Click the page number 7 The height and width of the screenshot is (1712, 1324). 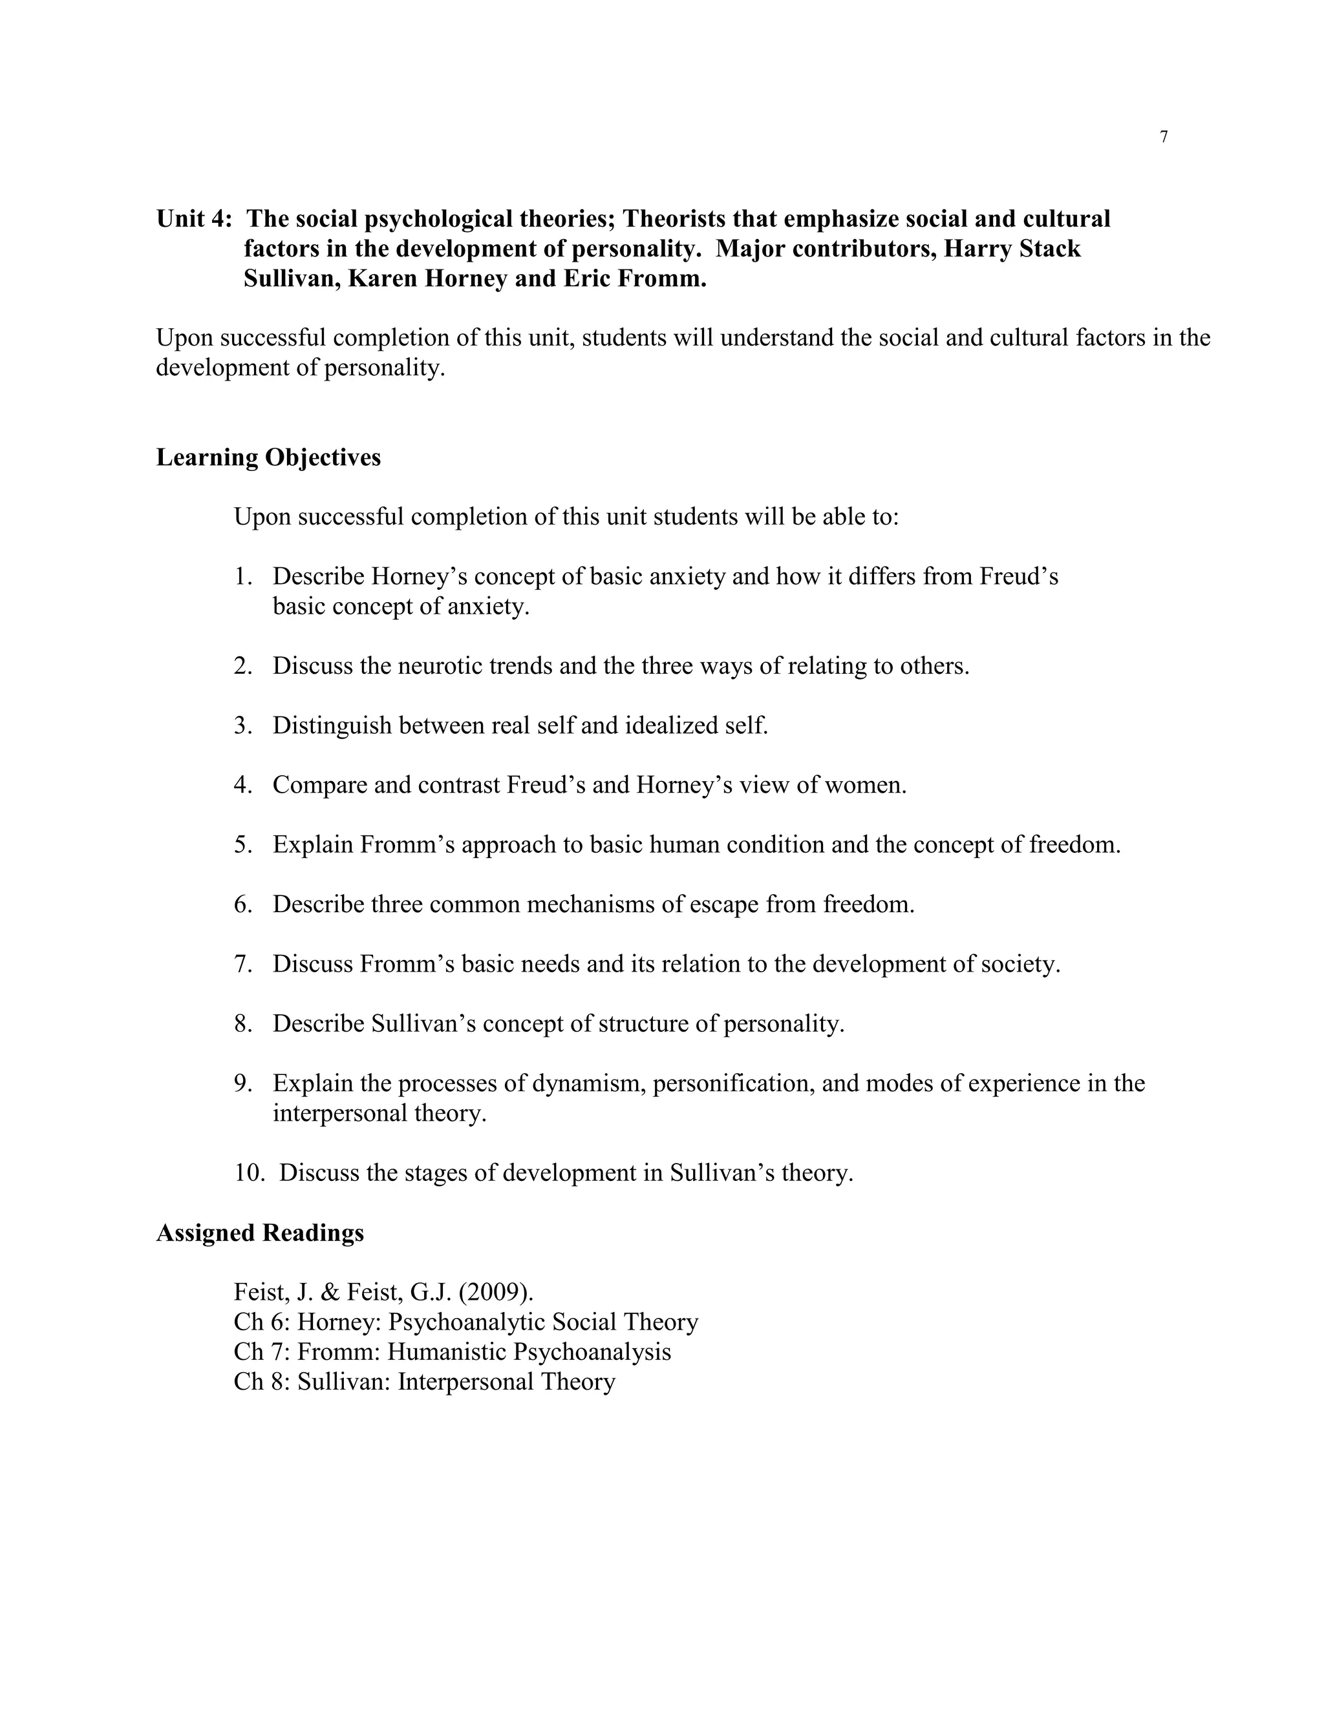coord(1163,137)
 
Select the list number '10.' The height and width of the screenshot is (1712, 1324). coord(249,1173)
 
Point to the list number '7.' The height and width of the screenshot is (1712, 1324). coord(242,963)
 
